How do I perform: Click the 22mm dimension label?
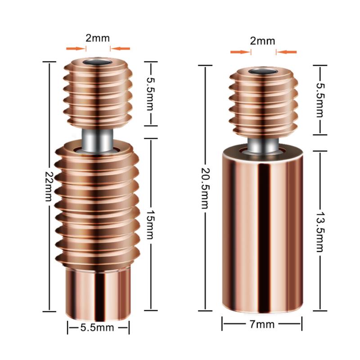coord(49,186)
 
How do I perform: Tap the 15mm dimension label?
coord(151,225)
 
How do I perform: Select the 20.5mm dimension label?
coord(205,188)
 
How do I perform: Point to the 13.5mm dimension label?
coord(320,232)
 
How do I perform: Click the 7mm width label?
coord(262,324)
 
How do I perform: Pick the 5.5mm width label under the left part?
coord(97,328)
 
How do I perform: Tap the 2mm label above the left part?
coord(98,38)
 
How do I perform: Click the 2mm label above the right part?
coord(262,41)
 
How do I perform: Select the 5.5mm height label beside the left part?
coord(151,94)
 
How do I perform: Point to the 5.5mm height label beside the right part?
coord(320,100)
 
